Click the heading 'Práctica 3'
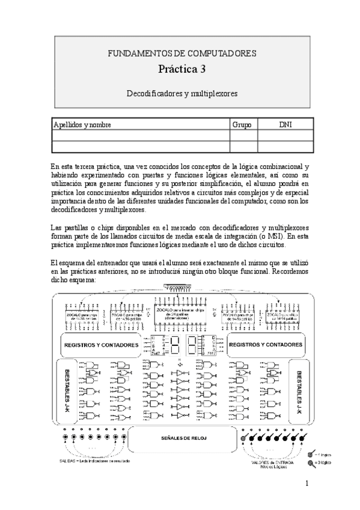pos(182,69)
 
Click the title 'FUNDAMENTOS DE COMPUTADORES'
pos(182,54)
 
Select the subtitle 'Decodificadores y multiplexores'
pos(182,94)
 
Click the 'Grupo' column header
pos(243,124)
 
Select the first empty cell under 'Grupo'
pos(243,136)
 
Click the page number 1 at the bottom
pos(307,483)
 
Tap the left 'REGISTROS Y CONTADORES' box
pos(100,345)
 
